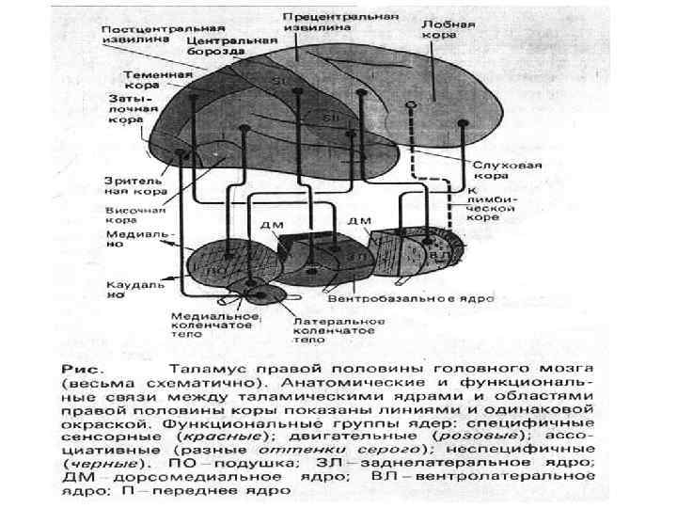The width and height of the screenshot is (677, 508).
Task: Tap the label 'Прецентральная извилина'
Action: (328, 24)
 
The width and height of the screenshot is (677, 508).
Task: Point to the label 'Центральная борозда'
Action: (231, 47)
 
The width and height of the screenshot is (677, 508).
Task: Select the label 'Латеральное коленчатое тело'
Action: (328, 330)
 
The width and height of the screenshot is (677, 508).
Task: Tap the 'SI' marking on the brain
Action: (279, 83)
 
